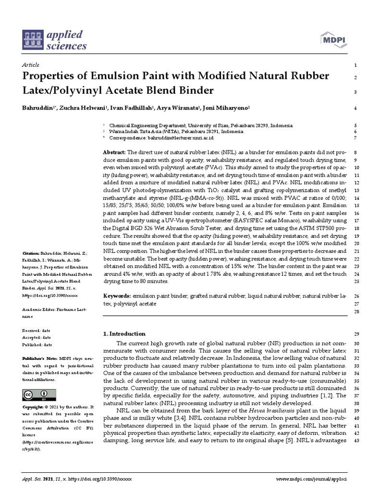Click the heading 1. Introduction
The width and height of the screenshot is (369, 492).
pos(124,334)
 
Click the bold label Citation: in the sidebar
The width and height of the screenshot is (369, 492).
pos(31,253)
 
